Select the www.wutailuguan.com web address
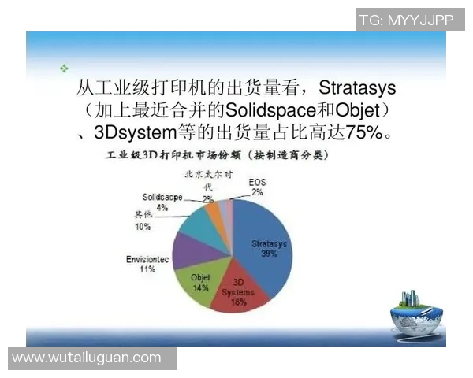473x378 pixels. coord(87,358)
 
